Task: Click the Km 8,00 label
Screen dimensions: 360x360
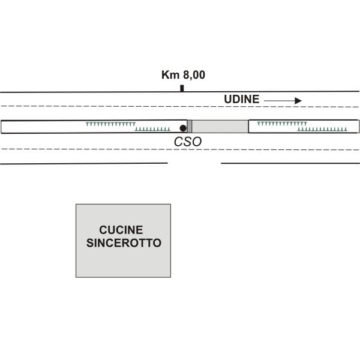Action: pos(183,76)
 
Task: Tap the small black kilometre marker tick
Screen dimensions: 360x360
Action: pos(182,88)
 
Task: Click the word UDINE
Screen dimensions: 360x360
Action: pos(241,100)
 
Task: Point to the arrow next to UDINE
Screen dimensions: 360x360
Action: pos(282,101)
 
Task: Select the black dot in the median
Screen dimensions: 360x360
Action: pos(182,128)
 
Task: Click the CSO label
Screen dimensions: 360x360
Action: pos(187,142)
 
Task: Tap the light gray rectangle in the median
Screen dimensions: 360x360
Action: pos(220,127)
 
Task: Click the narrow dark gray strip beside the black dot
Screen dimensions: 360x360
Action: pos(189,127)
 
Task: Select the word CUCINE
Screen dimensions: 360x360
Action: pos(121,230)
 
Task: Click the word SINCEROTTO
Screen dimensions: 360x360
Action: pos(124,243)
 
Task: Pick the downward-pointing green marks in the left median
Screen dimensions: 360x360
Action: pos(110,124)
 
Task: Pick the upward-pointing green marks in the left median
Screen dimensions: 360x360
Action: pos(153,129)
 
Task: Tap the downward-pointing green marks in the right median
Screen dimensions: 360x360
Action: pos(281,124)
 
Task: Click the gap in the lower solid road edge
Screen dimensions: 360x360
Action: pos(194,163)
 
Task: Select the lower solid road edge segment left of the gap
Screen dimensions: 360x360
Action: pos(84,163)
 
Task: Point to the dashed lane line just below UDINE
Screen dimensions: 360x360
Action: pos(180,106)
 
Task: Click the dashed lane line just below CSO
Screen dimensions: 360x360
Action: pos(180,149)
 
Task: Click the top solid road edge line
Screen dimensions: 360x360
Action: pos(90,92)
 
